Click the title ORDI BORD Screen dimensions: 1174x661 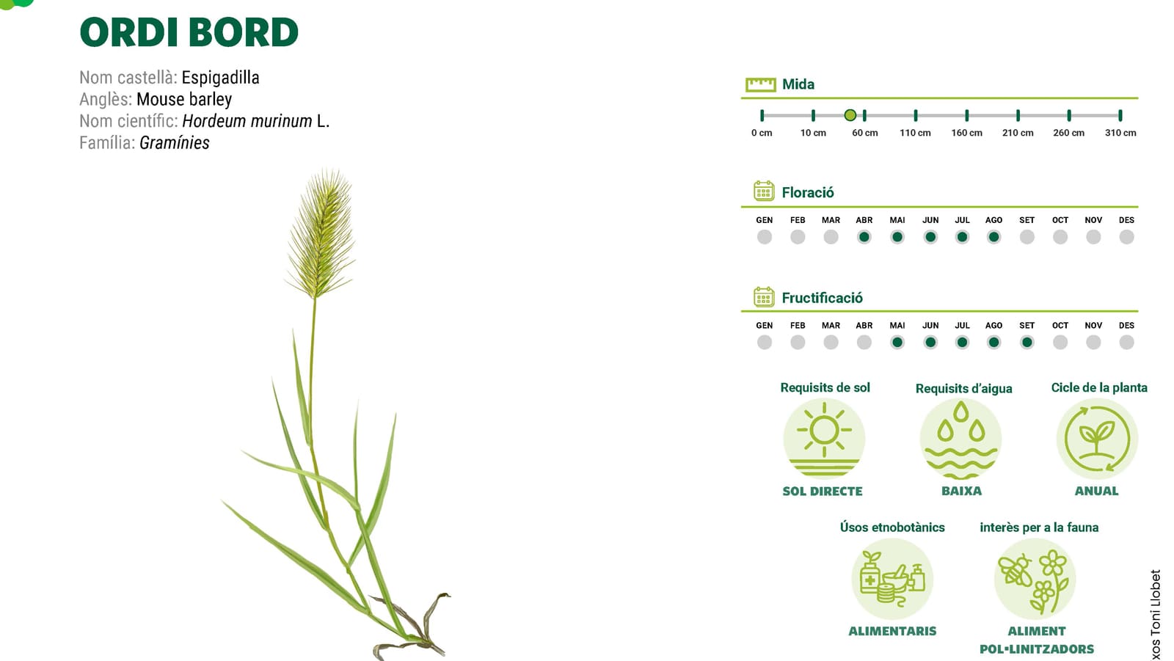click(189, 32)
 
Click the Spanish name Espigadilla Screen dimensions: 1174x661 click(220, 78)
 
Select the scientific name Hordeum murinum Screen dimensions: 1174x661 click(247, 121)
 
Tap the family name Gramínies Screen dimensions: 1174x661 click(175, 142)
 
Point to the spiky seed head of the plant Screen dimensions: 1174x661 click(321, 233)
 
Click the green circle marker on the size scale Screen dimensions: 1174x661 click(850, 115)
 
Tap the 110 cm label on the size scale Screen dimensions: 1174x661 click(915, 133)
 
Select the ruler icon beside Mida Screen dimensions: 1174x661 click(760, 84)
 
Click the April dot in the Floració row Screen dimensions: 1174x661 click(864, 237)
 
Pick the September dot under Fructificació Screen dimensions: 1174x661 click(1027, 343)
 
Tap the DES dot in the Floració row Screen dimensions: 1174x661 click(1126, 237)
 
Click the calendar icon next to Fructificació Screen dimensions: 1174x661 click(764, 296)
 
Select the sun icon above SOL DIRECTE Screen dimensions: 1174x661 click(824, 439)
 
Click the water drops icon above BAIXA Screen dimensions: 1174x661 click(960, 439)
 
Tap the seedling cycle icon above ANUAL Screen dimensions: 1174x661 click(1097, 439)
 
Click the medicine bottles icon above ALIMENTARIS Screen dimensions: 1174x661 click(892, 580)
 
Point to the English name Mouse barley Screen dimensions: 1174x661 click(184, 100)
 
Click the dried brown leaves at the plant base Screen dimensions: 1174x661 click(412, 627)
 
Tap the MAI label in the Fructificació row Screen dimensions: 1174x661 click(897, 326)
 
